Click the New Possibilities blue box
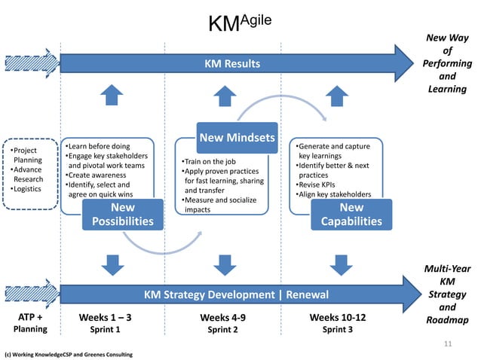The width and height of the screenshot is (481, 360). (x=123, y=214)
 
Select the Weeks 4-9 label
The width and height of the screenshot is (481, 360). (x=222, y=317)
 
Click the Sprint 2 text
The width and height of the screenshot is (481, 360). (x=222, y=330)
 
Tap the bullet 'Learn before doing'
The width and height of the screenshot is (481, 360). (x=97, y=145)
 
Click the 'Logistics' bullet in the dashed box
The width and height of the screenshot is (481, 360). (x=28, y=189)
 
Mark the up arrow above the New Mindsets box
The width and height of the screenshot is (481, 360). (x=224, y=95)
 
